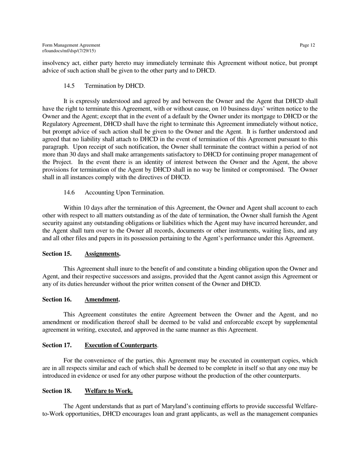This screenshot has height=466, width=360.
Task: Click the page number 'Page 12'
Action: pyautogui.click(x=307, y=45)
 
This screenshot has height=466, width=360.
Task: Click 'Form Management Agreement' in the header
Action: pyautogui.click(x=71, y=45)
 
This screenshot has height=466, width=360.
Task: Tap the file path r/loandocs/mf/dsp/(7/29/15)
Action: pyautogui.click(x=69, y=50)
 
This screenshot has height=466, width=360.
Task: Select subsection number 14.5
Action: pyautogui.click(x=69, y=86)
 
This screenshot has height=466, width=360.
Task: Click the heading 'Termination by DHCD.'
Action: pyautogui.click(x=115, y=86)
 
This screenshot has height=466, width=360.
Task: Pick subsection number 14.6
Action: pyautogui.click(x=69, y=192)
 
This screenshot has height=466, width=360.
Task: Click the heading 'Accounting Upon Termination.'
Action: pyautogui.click(x=125, y=192)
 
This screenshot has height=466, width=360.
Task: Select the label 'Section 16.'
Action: pyautogui.click(x=57, y=299)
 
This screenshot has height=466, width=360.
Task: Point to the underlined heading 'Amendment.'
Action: pyautogui.click(x=102, y=299)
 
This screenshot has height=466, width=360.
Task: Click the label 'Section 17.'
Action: pyautogui.click(x=57, y=345)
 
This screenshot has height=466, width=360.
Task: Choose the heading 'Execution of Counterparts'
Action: pyautogui.click(x=121, y=345)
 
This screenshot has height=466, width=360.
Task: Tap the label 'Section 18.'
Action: pyautogui.click(x=57, y=391)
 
